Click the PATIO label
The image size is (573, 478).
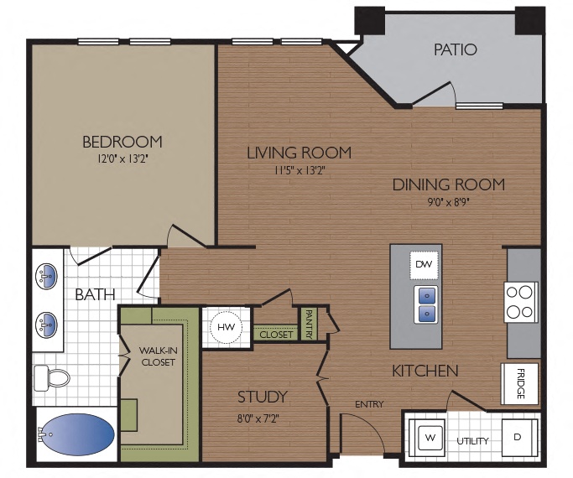455,49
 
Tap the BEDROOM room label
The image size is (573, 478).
122,141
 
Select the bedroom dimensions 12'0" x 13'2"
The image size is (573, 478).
122,157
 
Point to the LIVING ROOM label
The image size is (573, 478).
299,153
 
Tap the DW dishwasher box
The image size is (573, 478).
424,265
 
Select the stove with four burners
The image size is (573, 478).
520,302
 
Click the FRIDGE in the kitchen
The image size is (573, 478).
520,383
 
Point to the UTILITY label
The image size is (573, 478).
472,440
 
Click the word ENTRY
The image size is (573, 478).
368,404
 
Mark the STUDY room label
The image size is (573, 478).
262,397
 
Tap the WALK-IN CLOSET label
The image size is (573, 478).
158,356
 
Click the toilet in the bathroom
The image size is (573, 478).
52,377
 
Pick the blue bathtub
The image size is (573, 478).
76,435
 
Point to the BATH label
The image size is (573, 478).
95,294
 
